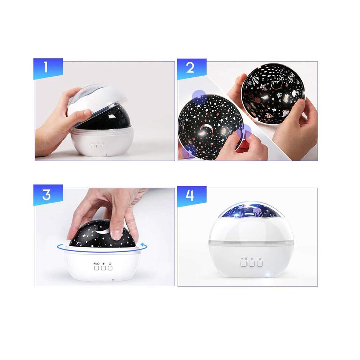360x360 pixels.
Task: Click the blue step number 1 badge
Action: (x=48, y=68)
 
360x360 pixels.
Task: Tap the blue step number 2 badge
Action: (x=192, y=68)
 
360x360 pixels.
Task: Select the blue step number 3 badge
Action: (x=48, y=195)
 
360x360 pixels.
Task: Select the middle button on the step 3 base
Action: (x=103, y=268)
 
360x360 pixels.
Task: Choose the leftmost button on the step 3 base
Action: (x=96, y=268)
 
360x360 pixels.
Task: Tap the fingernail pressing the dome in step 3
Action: (x=116, y=235)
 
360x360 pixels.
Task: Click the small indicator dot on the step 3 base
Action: (x=113, y=280)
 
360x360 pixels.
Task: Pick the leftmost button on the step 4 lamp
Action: (x=244, y=264)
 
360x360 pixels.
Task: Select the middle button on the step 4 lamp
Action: (x=252, y=264)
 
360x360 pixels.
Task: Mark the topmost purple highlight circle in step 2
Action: (x=199, y=96)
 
